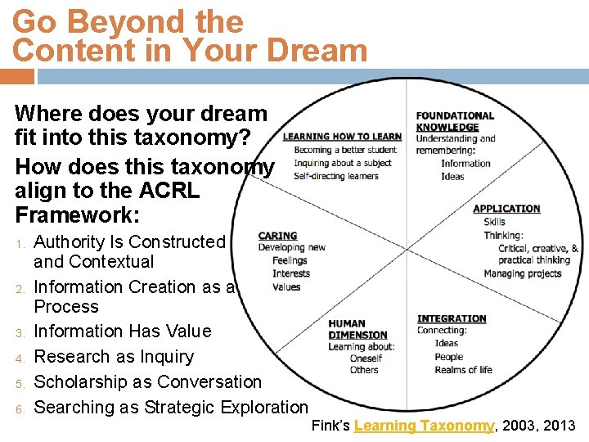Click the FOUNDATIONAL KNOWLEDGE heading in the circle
(455, 121)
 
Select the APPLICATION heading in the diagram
(506, 209)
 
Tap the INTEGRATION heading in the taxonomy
(452, 318)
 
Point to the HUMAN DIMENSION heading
(357, 329)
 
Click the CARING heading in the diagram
(277, 236)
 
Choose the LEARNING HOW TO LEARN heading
(342, 137)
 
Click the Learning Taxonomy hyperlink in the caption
(424, 426)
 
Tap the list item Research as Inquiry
(114, 357)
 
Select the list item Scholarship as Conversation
(147, 382)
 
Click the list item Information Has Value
(122, 331)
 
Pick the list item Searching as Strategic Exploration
(171, 408)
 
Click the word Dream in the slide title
(318, 51)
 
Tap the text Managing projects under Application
(522, 273)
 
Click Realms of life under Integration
(463, 370)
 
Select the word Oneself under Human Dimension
(365, 358)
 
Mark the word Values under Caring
(286, 286)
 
